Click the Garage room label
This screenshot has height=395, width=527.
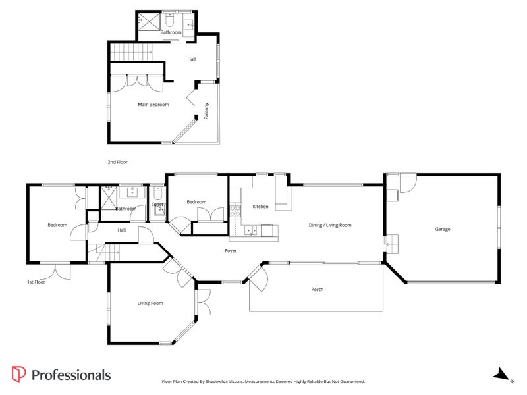pyautogui.click(x=442, y=230)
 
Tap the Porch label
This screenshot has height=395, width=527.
pyautogui.click(x=318, y=290)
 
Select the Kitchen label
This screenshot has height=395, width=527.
pyautogui.click(x=261, y=207)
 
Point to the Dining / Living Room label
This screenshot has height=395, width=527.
pyautogui.click(x=330, y=225)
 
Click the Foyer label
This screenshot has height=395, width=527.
pyautogui.click(x=231, y=251)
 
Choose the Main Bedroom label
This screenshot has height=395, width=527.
pyautogui.click(x=153, y=105)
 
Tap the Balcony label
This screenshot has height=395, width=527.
pyautogui.click(x=207, y=111)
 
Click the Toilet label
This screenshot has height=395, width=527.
pyautogui.click(x=157, y=205)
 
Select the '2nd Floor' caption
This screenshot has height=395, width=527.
pyautogui.click(x=117, y=162)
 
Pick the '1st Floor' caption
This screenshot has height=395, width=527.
pyautogui.click(x=36, y=282)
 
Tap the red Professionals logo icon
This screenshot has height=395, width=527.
pyautogui.click(x=19, y=375)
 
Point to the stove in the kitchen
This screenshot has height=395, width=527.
pyautogui.click(x=235, y=211)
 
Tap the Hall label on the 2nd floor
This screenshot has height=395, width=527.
pyautogui.click(x=191, y=59)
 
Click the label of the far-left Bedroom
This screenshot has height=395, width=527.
pyautogui.click(x=57, y=226)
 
